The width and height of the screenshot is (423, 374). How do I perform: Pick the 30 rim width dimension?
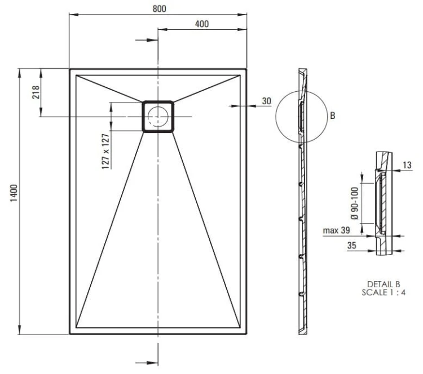click(x=266, y=101)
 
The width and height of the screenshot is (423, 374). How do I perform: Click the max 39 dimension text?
click(x=337, y=231)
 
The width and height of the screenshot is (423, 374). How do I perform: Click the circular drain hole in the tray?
click(x=157, y=116)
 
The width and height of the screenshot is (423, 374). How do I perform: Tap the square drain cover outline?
click(x=158, y=102)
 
